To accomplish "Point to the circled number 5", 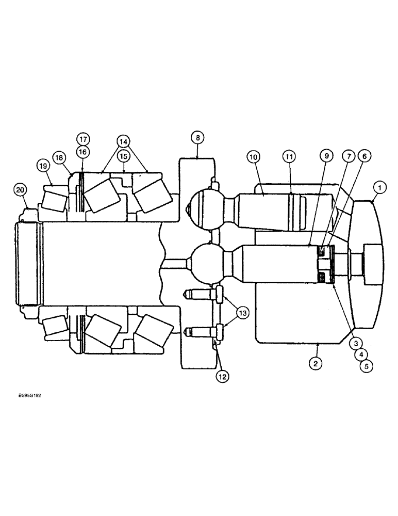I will [367, 366].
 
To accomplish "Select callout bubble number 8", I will [197, 137].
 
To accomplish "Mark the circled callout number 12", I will [223, 376].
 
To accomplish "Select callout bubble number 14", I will [123, 141].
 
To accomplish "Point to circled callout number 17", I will [83, 139].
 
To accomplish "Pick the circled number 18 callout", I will [59, 157].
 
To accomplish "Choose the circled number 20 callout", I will [20, 190].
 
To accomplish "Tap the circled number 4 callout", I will [361, 354].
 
